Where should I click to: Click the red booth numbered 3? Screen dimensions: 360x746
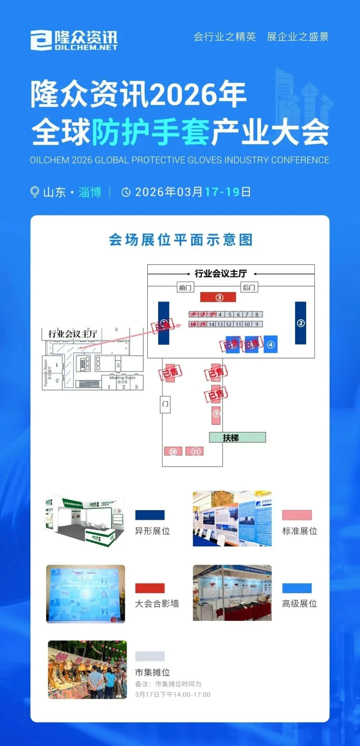(x=218, y=297)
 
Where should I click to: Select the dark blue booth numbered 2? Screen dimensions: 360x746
(x=300, y=323)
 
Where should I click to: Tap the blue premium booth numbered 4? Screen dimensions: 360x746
(x=271, y=345)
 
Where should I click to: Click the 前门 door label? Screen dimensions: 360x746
(x=185, y=287)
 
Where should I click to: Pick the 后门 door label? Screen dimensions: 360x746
(x=249, y=287)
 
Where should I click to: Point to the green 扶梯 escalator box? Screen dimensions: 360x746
(x=237, y=437)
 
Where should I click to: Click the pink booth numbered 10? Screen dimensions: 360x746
(x=173, y=451)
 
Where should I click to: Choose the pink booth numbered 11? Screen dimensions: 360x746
(x=195, y=451)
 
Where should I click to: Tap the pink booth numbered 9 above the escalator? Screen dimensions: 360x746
(x=216, y=414)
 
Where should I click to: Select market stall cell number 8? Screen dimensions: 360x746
(x=257, y=314)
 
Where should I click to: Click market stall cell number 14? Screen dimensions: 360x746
(x=212, y=324)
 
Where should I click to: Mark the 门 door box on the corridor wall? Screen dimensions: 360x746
(x=165, y=404)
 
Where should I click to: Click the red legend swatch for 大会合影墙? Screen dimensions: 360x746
(x=150, y=588)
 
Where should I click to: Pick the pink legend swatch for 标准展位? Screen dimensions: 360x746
(x=297, y=515)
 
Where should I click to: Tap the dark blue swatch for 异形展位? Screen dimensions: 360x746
(x=150, y=515)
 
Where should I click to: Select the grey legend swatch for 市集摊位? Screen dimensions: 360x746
(x=150, y=656)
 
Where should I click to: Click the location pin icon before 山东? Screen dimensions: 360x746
(x=34, y=192)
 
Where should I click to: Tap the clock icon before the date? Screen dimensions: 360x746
(x=126, y=192)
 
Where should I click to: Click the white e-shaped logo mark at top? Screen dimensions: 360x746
(x=41, y=40)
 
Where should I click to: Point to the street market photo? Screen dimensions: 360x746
(x=87, y=670)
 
